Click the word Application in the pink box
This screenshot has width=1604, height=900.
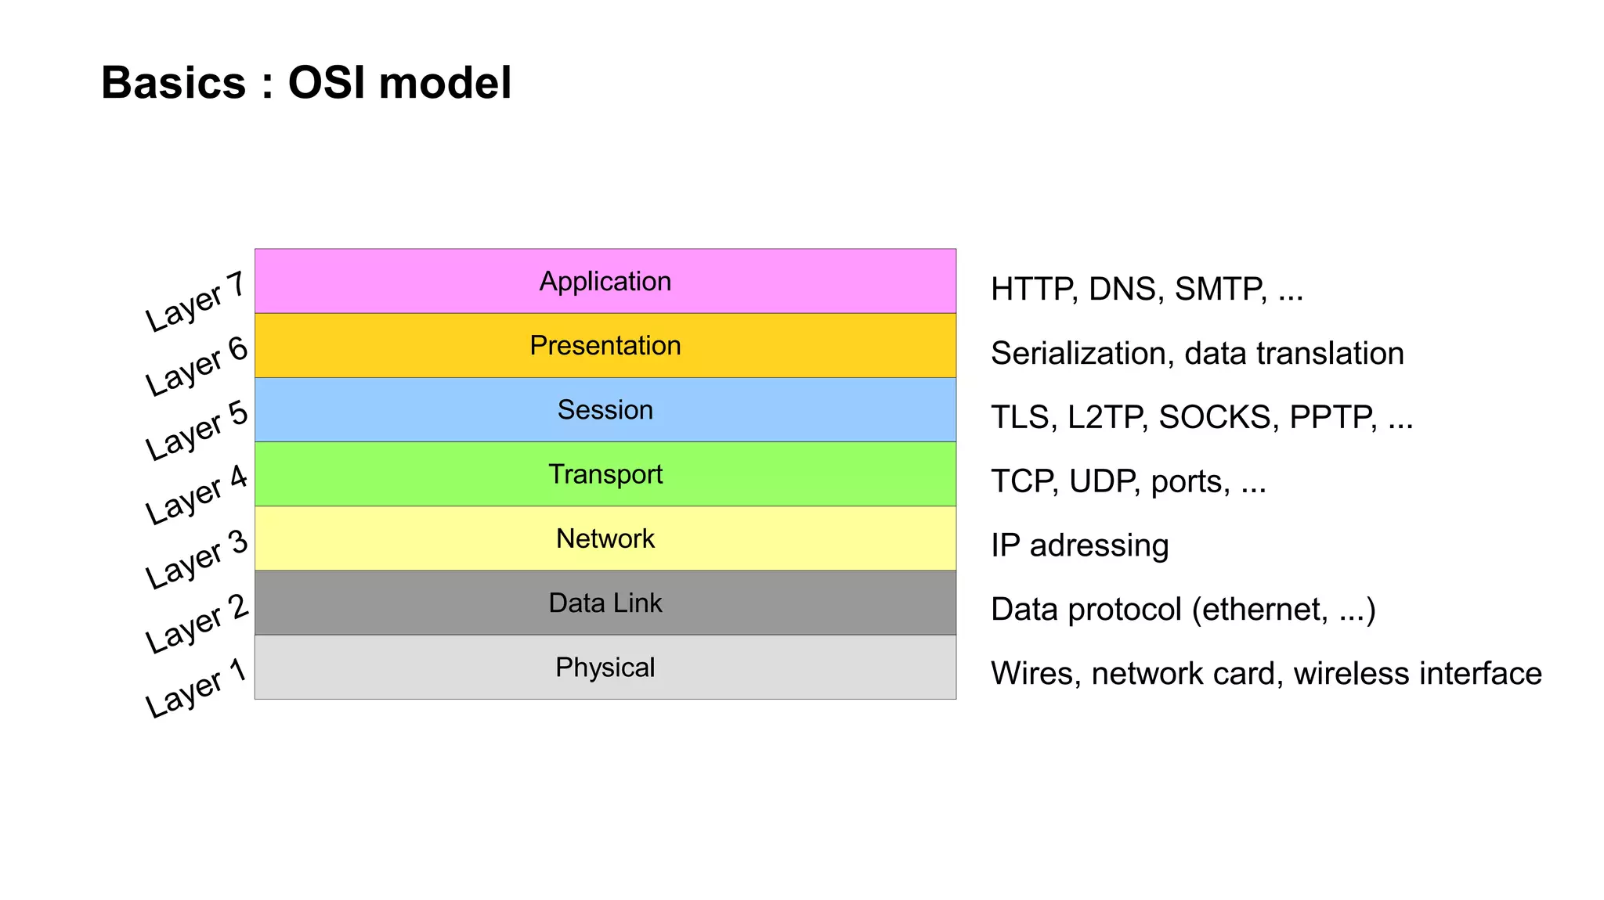(605, 282)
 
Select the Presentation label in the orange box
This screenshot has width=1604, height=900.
(605, 346)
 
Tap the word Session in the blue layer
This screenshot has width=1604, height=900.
(605, 410)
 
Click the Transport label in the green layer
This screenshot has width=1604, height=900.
(605, 474)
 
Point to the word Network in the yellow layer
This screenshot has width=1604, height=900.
(605, 538)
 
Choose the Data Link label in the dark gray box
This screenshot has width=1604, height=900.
(605, 603)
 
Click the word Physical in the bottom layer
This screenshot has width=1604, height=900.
(605, 668)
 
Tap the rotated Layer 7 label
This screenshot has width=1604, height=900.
(196, 302)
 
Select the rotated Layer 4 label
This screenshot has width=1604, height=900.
(196, 495)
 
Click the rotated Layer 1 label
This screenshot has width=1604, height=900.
(196, 688)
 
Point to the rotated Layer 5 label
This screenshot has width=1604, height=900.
(196, 430)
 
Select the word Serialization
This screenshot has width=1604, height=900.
(1082, 354)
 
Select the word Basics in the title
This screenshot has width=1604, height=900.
(173, 83)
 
